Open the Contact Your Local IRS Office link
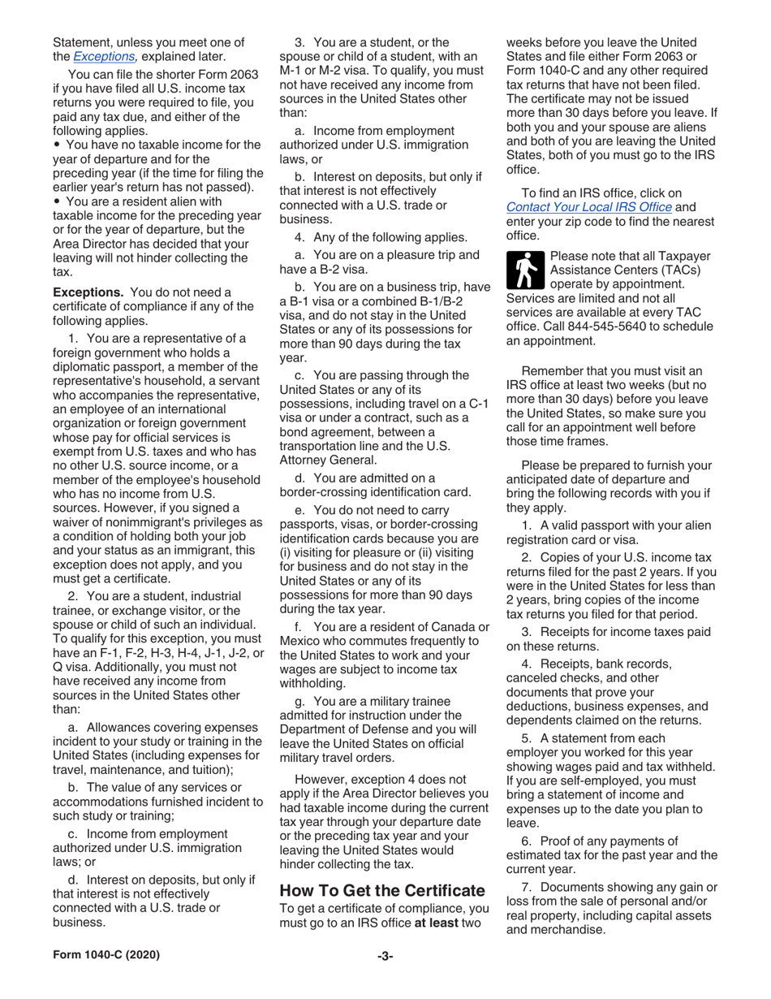pyautogui.click(x=588, y=207)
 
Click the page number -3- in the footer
pyautogui.click(x=385, y=956)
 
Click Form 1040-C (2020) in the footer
pyautogui.click(x=106, y=956)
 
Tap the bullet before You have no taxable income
pyautogui.click(x=57, y=145)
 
